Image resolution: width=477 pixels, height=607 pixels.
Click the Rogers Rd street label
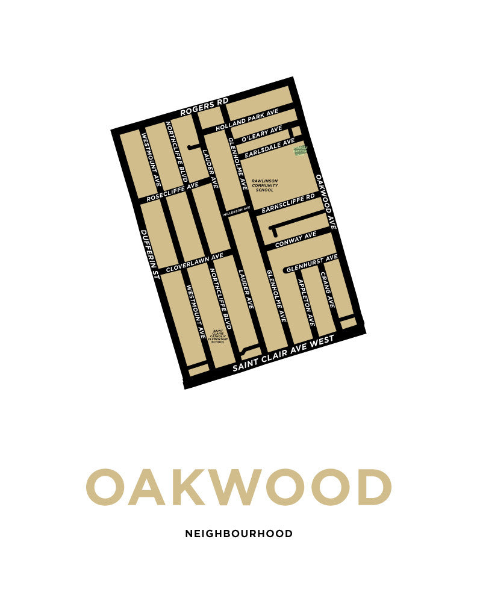point(204,108)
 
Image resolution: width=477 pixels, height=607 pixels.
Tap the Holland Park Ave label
point(247,121)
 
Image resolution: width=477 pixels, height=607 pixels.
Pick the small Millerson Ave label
point(236,211)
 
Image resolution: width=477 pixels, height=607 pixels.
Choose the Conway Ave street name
point(296,240)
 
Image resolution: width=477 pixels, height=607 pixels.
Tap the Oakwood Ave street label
point(325,202)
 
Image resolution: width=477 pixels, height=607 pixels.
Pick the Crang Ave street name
point(327,290)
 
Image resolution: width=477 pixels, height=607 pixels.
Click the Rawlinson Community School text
point(265,185)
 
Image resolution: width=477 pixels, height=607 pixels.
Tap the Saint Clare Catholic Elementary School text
point(217,336)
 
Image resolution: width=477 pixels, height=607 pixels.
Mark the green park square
point(300,149)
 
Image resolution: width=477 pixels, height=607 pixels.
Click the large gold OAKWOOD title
point(238,487)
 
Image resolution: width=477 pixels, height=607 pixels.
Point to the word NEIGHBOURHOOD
point(238,534)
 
